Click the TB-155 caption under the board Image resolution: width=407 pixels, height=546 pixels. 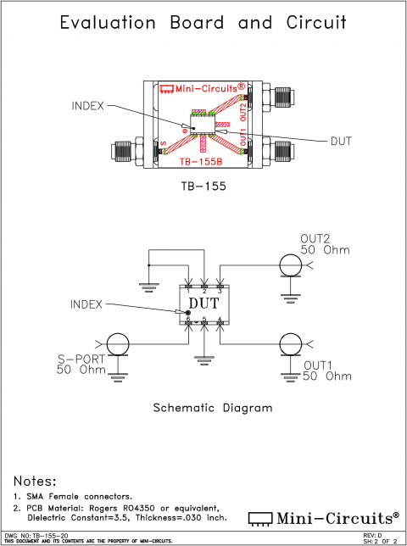pyautogui.click(x=203, y=184)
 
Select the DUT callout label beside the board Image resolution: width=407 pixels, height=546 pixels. pyautogui.click(x=341, y=140)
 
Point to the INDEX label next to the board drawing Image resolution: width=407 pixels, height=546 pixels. pyautogui.click(x=88, y=106)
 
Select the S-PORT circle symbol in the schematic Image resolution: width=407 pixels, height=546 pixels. pyautogui.click(x=116, y=343)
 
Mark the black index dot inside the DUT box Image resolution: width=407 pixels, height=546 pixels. pyautogui.click(x=188, y=313)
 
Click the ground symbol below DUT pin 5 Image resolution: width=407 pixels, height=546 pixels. pyautogui.click(x=203, y=356)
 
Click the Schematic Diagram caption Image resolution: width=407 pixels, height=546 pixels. pyautogui.click(x=212, y=408)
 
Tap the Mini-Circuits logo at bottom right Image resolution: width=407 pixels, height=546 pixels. pyautogui.click(x=323, y=517)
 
